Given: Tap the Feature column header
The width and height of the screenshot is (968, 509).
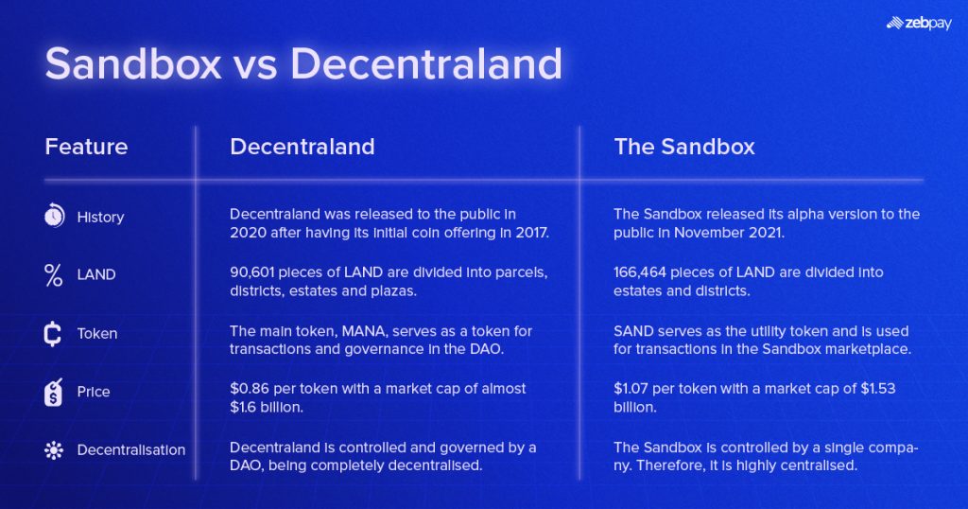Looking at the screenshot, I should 86,147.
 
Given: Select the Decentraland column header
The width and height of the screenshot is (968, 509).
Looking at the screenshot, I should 302,147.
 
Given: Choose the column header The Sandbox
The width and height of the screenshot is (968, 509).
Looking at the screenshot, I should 683,147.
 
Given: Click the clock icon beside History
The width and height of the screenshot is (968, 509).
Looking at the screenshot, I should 54,217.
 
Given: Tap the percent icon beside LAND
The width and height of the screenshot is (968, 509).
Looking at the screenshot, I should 54,275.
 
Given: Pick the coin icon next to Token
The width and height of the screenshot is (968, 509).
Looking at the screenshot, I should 54,334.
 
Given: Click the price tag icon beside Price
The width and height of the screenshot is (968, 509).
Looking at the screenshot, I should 54,392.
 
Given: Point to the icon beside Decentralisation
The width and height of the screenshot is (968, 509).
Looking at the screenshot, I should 54,450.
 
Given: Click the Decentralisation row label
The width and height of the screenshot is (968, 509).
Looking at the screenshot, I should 130,450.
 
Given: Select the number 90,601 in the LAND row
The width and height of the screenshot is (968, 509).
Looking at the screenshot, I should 256,272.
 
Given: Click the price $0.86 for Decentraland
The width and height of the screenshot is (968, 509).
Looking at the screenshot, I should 249,389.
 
